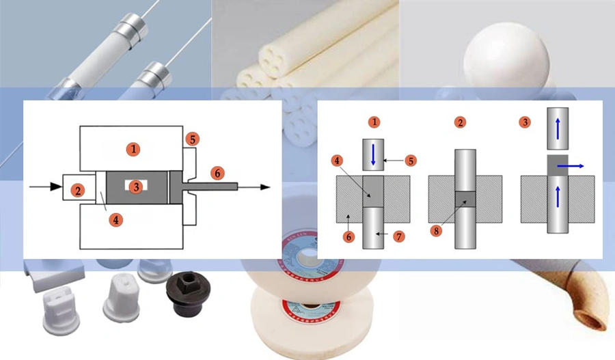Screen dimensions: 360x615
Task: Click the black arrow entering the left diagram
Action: [x=44, y=185]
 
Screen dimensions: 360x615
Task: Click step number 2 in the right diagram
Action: [x=461, y=123]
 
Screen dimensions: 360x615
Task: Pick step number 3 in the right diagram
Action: [x=525, y=123]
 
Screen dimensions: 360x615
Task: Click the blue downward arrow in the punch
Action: [x=374, y=155]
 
